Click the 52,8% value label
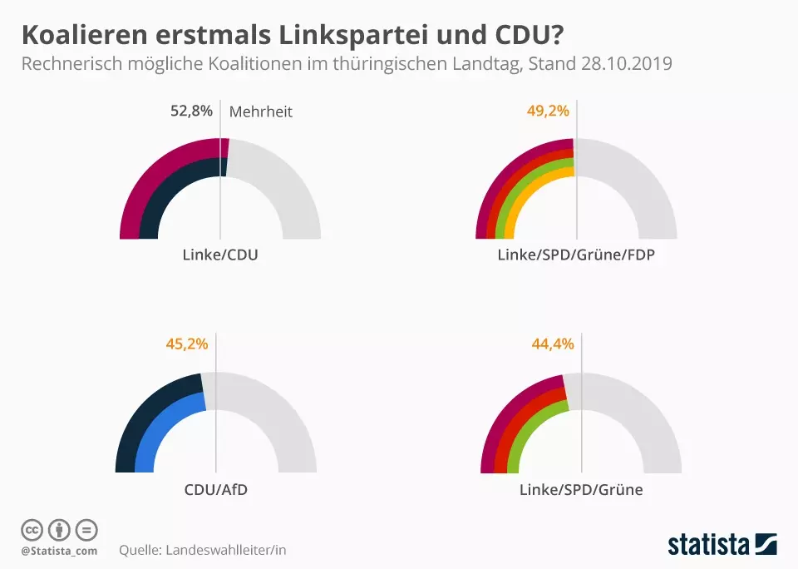191,111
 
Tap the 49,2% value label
548,111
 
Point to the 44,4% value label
553,343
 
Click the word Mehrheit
260,111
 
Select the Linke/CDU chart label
220,255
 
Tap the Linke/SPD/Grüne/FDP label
576,255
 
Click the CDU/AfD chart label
216,489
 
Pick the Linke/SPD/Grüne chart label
581,489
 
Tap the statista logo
722,545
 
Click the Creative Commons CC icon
32,530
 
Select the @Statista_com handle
59,551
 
